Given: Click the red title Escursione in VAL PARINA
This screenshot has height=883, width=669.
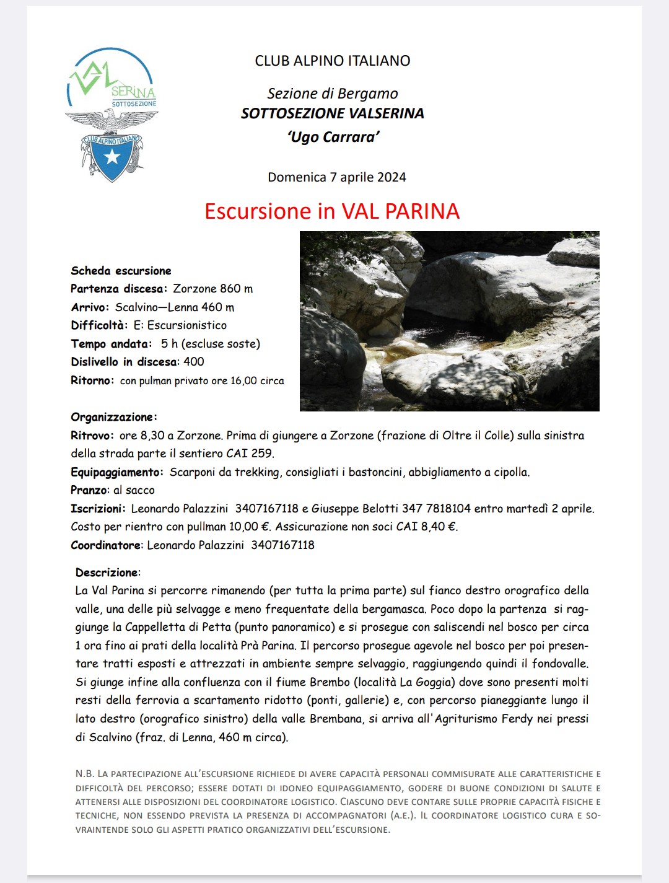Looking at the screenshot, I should point(332,211).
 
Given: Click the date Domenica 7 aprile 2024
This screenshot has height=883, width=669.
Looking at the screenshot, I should point(336,177).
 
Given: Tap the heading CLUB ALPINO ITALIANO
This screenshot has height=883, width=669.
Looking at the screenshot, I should point(332,61).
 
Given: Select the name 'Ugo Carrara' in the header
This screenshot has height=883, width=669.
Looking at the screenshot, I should point(333,137).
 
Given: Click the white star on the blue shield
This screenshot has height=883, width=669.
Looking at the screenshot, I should point(112,157).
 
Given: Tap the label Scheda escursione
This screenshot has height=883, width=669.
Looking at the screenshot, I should point(121,271).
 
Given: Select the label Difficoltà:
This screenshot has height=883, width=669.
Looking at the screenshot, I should point(99,325).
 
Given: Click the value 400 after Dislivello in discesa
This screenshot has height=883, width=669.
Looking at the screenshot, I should point(194,362).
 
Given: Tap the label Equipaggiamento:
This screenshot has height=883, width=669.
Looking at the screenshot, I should point(117,472).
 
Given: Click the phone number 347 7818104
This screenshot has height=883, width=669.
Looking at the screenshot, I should point(436,509).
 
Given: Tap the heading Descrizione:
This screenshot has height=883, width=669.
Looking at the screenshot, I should point(108,573).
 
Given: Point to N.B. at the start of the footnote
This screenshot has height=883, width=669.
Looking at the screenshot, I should point(85,774).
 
